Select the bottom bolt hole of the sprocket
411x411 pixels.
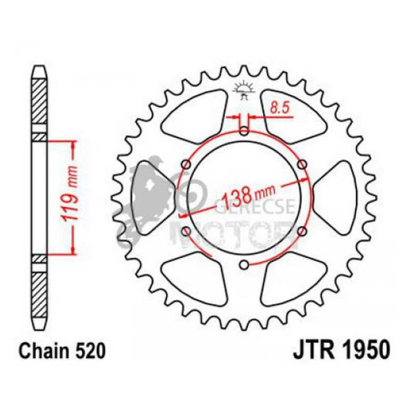point(244,264)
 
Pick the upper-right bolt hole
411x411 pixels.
point(302,164)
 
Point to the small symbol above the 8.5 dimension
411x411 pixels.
point(244,91)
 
